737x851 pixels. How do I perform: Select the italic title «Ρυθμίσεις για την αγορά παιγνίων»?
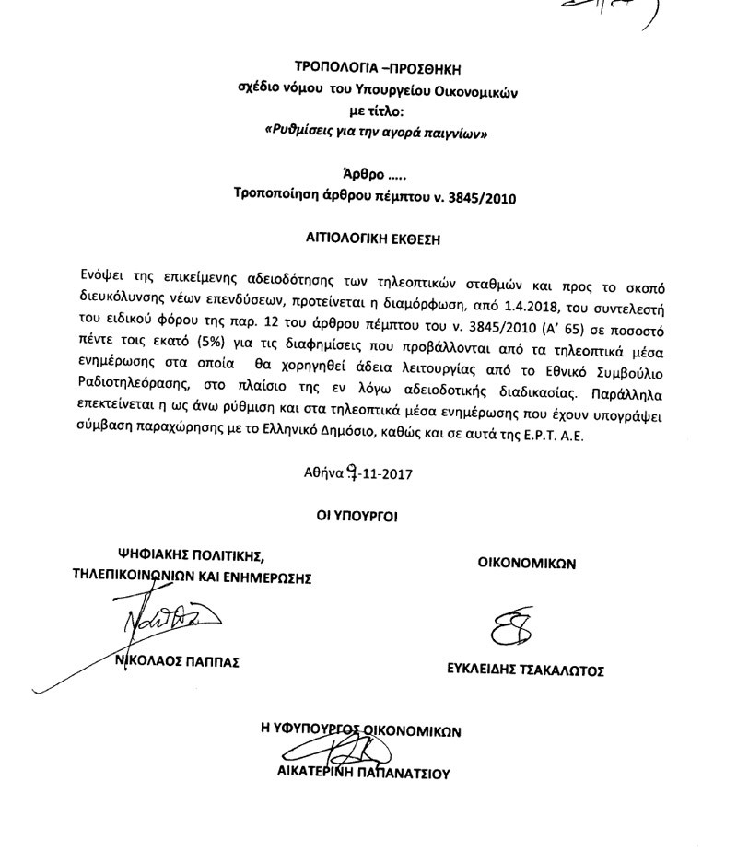(x=376, y=131)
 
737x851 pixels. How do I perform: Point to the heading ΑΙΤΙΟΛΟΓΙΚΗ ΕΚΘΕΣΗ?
(x=375, y=237)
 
